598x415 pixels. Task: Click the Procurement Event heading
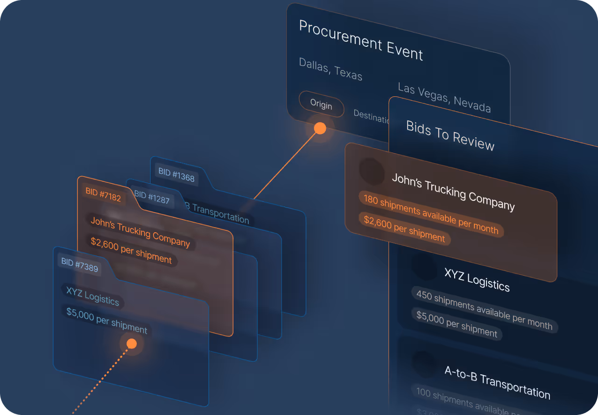pos(361,41)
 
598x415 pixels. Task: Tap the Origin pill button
pos(321,104)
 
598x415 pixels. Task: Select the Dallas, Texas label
pos(331,69)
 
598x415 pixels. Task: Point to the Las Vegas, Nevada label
pos(444,98)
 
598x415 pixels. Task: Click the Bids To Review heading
pos(450,136)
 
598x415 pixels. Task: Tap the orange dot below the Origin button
pos(320,128)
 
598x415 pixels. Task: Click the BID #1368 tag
pos(176,175)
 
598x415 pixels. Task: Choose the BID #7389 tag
pos(80,265)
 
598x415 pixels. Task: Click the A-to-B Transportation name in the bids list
pos(497,382)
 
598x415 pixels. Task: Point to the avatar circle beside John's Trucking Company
pos(372,171)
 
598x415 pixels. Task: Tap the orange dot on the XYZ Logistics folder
pos(132,344)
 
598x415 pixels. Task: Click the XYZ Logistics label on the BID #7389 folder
pos(92,296)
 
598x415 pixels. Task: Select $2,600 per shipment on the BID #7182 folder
pos(131,251)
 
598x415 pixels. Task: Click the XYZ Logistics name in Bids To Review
pos(477,279)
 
